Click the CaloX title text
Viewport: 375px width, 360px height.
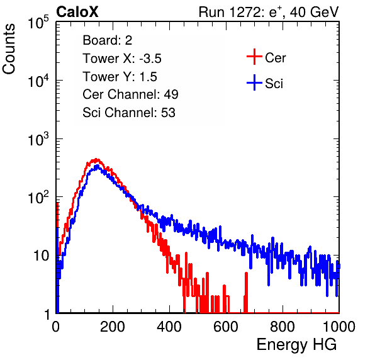point(77,12)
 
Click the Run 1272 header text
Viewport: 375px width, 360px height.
point(269,12)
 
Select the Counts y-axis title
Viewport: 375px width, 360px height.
point(9,49)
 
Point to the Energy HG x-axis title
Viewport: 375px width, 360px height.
point(296,344)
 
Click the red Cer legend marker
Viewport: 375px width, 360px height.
point(254,57)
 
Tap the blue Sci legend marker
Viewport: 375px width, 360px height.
point(254,82)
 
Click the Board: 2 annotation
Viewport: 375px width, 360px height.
point(108,40)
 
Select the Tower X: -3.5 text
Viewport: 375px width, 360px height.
point(122,59)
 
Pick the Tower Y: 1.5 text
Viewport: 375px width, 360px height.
point(120,77)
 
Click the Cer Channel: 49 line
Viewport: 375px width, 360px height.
point(130,94)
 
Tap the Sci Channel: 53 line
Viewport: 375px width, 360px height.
point(129,113)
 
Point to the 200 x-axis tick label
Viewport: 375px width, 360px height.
point(113,327)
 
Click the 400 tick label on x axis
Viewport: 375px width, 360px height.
point(169,327)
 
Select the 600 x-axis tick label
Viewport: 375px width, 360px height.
point(226,327)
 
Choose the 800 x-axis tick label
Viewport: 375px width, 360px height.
point(283,327)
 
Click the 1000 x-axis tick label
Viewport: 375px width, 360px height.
point(339,327)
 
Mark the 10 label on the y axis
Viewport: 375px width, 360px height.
point(42,256)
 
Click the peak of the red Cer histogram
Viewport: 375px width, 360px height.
point(96,159)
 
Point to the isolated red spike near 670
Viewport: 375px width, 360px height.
point(246,292)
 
